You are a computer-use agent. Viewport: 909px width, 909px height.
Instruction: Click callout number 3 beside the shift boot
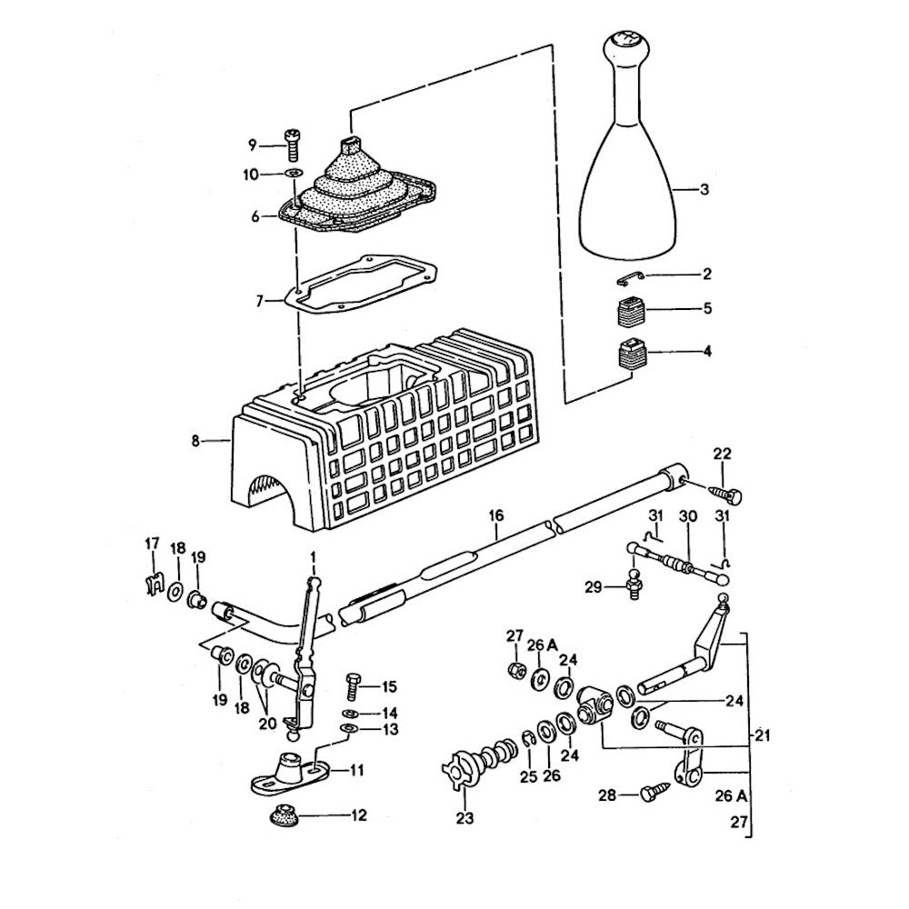704,189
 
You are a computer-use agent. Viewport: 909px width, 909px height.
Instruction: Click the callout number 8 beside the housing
195,441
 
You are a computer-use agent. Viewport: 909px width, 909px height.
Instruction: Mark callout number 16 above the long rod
496,515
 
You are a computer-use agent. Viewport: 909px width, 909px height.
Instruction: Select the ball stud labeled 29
634,584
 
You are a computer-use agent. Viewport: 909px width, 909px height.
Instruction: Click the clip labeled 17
153,584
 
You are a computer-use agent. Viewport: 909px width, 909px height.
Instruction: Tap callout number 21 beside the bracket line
762,735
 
